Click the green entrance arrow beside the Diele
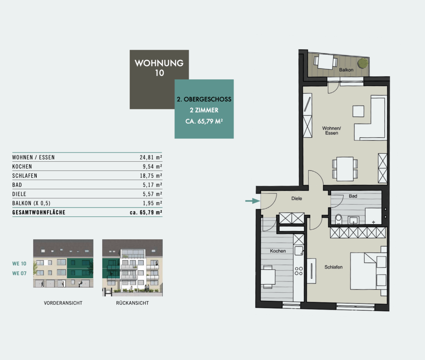click(x=253, y=201)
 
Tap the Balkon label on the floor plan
click(x=346, y=70)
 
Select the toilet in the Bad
click(x=338, y=219)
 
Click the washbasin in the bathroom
click(x=353, y=220)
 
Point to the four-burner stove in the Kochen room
click(x=299, y=271)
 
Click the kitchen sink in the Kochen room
click(x=299, y=251)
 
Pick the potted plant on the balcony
click(x=362, y=63)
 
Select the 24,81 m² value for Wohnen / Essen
click(x=151, y=157)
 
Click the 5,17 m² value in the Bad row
click(x=152, y=185)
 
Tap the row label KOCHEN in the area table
click(x=22, y=167)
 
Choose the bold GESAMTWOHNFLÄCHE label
click(x=39, y=212)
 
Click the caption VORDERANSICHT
click(x=63, y=303)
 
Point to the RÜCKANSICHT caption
click(x=133, y=303)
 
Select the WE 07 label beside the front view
click(x=19, y=273)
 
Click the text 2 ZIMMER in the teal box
click(x=204, y=110)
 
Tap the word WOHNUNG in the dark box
click(x=159, y=63)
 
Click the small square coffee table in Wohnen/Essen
click(x=358, y=111)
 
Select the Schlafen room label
click(x=333, y=267)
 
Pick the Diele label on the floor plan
click(x=297, y=198)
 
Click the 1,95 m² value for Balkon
click(x=152, y=203)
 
